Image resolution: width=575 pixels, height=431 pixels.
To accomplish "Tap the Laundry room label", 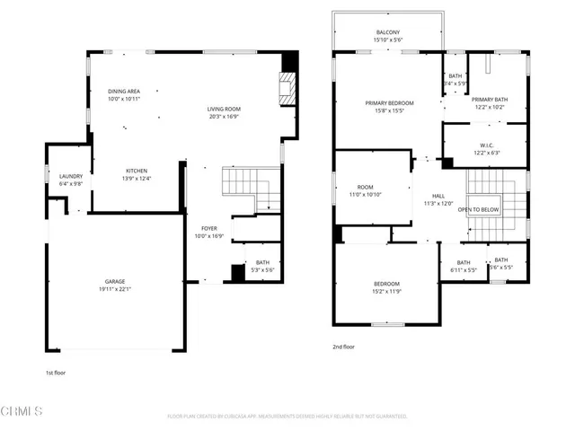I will pos(70,176).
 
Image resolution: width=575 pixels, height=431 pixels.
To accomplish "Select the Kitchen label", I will pos(137,171).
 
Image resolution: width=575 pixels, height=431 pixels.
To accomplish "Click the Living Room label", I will pos(224,109).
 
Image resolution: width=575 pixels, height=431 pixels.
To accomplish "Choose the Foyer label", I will pos(208,228).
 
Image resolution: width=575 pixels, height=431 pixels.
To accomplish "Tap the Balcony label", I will pos(388,32).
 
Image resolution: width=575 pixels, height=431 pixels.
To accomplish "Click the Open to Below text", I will pos(478,210).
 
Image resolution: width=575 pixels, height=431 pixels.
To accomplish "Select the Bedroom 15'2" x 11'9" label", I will pos(387,284).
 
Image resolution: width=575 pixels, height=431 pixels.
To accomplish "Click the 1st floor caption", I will pos(56,372).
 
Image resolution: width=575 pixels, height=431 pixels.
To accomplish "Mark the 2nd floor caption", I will pos(344,347).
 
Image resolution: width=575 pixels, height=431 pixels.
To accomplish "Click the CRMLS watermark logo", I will pos(22,412).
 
